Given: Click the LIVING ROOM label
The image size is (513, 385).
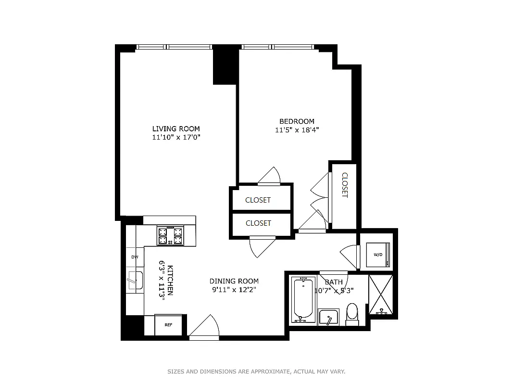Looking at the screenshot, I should [x=176, y=128].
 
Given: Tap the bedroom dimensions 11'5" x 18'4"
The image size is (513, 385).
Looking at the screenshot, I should [x=297, y=129].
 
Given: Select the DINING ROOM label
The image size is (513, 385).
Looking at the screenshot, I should [x=234, y=281].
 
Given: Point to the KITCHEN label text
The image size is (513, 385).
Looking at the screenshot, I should [x=170, y=280].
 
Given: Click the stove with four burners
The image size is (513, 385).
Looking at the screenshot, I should [x=170, y=236].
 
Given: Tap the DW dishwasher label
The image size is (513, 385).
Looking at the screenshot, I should [x=135, y=257].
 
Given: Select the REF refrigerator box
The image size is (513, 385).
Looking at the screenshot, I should [x=168, y=325].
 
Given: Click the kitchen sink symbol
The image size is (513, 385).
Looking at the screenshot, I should [x=135, y=281].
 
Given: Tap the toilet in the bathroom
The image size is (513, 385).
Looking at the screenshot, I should [x=352, y=313].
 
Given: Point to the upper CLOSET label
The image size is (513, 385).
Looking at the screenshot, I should [x=258, y=200].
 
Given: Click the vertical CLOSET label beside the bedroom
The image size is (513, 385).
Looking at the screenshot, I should [x=344, y=185].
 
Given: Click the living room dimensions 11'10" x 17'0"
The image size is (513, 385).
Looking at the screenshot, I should [x=176, y=137].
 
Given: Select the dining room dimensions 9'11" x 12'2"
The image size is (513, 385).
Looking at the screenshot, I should [x=234, y=290].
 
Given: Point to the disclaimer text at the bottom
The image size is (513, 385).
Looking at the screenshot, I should [x=256, y=372].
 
